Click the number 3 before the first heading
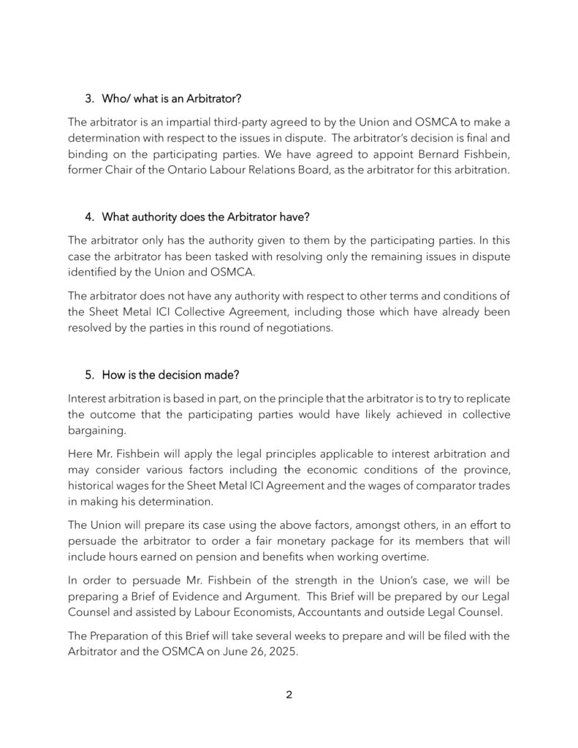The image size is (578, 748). (89, 97)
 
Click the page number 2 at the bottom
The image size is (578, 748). (289, 694)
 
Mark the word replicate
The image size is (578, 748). (484, 398)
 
